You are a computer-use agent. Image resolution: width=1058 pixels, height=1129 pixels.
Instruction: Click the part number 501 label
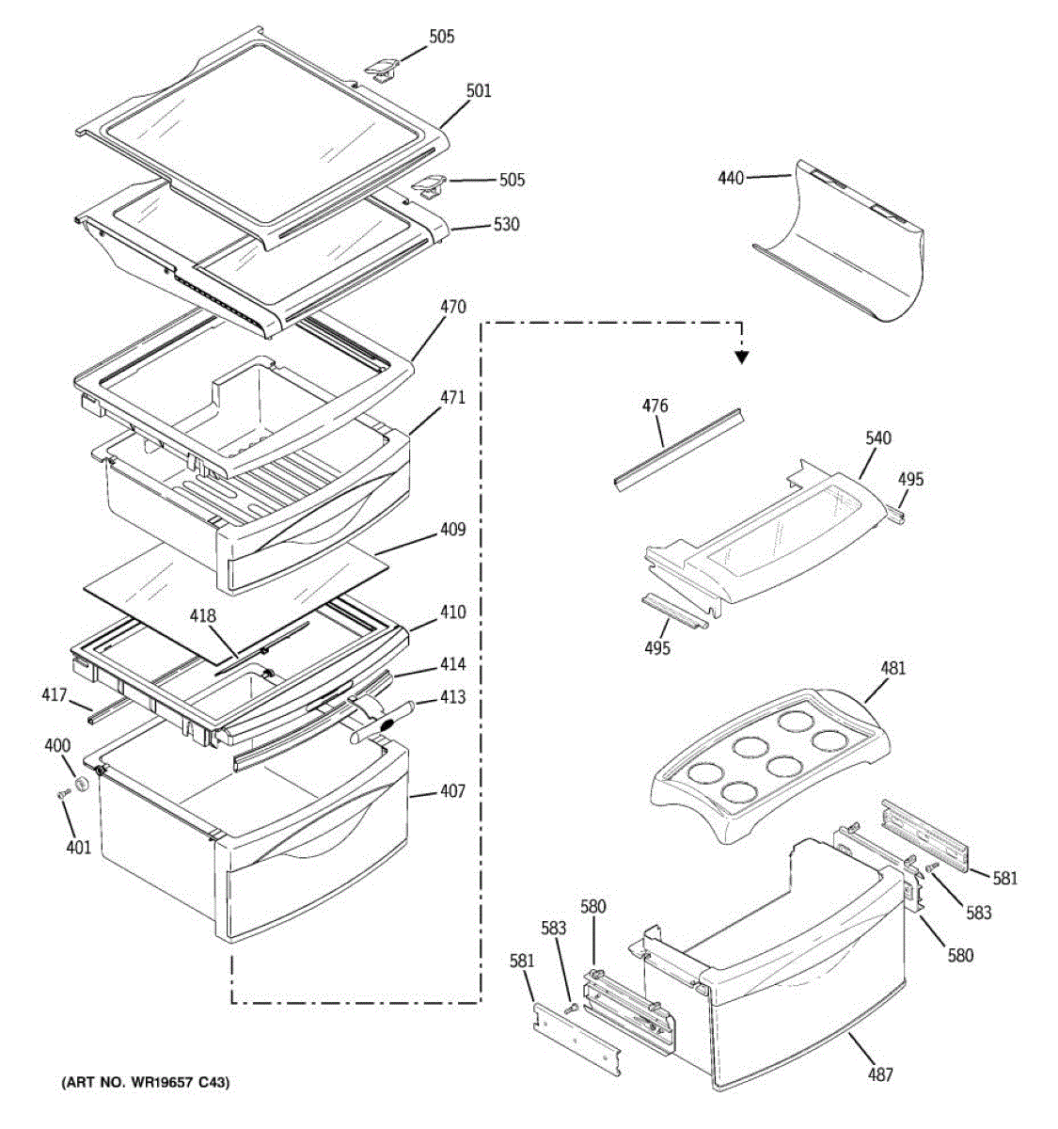pyautogui.click(x=478, y=91)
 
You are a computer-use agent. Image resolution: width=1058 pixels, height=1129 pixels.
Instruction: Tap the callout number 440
pyautogui.click(x=731, y=177)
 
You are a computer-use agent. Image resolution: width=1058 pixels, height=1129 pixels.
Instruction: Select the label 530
pyautogui.click(x=506, y=225)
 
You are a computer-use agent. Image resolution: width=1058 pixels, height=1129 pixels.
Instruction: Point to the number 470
pyautogui.click(x=451, y=308)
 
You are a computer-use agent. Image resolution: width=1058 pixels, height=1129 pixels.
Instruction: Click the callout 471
pyautogui.click(x=451, y=398)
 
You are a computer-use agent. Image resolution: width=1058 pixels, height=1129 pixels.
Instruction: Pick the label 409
pyautogui.click(x=451, y=530)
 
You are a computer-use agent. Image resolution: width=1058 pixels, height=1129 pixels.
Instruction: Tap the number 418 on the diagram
pyautogui.click(x=203, y=617)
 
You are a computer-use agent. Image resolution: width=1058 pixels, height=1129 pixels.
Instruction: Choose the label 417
pyautogui.click(x=54, y=695)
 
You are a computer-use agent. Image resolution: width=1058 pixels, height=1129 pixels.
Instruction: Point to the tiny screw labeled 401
pyautogui.click(x=63, y=796)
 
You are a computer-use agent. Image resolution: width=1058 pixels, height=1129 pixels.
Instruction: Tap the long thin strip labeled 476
pyautogui.click(x=677, y=447)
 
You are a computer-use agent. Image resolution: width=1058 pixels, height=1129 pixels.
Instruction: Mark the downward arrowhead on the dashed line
pyautogui.click(x=742, y=357)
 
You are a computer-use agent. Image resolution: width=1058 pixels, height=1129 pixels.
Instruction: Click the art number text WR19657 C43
pyautogui.click(x=146, y=1083)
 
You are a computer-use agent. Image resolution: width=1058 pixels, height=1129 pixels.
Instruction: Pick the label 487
pyautogui.click(x=880, y=1074)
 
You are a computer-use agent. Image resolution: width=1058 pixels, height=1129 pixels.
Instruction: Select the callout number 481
pyautogui.click(x=892, y=669)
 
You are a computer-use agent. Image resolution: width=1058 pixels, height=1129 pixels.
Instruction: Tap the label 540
pyautogui.click(x=878, y=438)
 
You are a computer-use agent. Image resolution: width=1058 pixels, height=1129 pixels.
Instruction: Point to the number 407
pyautogui.click(x=451, y=792)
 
